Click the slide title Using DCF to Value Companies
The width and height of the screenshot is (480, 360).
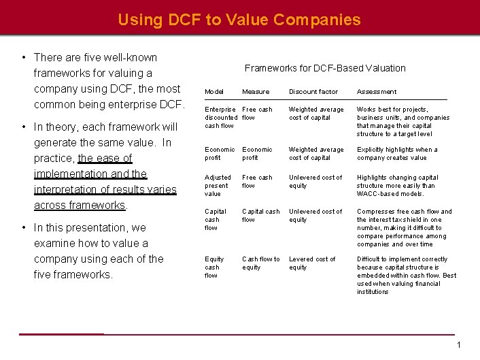point(239,20)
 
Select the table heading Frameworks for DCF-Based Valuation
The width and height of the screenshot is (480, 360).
point(325,68)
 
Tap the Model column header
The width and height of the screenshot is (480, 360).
point(214,92)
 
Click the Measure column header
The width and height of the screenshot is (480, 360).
point(256,92)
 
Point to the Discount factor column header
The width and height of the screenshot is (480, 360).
point(313,92)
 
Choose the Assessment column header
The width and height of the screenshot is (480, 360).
point(377,92)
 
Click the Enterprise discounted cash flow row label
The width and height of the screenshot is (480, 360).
point(220,117)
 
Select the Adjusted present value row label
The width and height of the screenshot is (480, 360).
point(218,185)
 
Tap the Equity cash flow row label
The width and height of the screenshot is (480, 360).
point(214,267)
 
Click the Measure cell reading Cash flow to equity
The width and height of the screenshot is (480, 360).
point(260,263)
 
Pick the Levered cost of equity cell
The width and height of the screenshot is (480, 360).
point(312,263)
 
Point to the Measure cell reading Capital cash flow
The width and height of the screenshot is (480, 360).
point(260,215)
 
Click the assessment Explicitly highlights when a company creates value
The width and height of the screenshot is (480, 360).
point(397,153)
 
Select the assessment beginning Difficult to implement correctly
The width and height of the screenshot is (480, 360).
point(407,275)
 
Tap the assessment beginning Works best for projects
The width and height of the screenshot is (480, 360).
point(402,121)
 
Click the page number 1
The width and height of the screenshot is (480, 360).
point(459,345)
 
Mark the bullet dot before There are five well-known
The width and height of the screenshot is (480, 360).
point(24,58)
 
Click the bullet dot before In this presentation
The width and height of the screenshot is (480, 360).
point(24,228)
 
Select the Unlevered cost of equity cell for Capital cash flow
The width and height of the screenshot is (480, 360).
point(316,215)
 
